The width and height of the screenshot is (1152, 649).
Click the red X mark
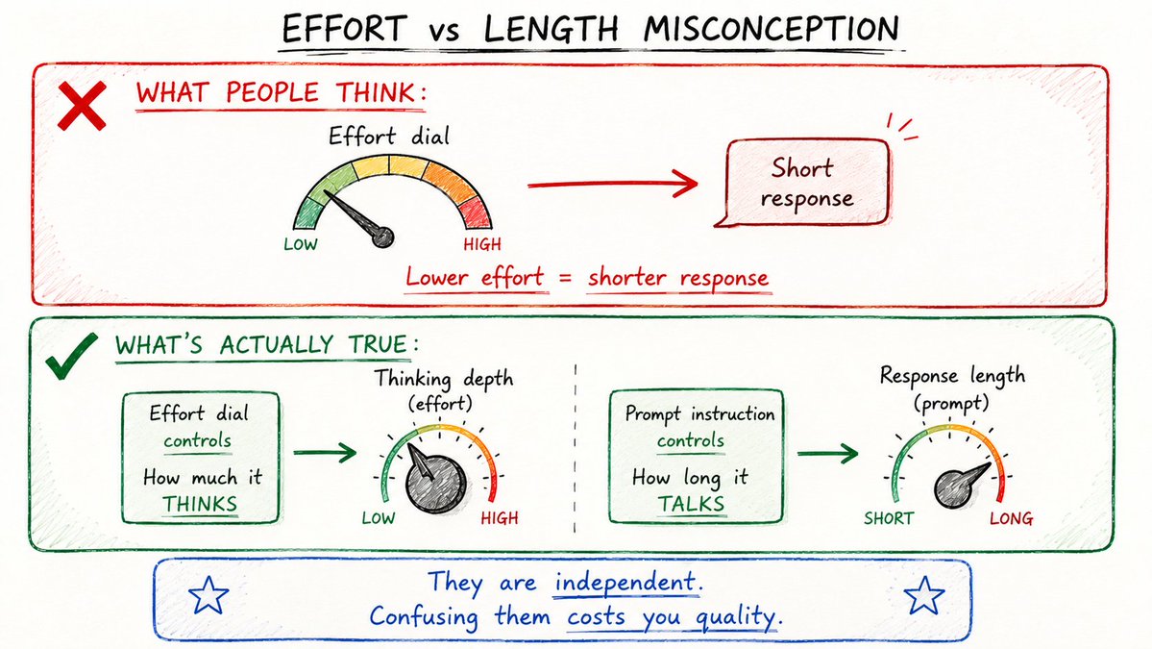(82, 106)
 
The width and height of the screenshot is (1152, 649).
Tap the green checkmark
(70, 358)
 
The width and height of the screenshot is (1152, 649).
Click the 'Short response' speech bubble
(807, 183)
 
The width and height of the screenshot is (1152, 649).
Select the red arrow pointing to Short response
(613, 184)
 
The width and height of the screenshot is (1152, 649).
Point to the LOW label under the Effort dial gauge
(301, 244)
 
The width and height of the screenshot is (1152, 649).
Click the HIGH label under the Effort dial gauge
(482, 244)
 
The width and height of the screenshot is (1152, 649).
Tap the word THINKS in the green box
(200, 504)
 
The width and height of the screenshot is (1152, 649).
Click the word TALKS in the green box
(691, 504)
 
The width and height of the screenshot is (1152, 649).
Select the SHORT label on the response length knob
(888, 518)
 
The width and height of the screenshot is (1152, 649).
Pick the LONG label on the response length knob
(1011, 518)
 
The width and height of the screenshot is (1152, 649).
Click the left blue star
(208, 594)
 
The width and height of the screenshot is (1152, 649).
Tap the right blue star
(923, 594)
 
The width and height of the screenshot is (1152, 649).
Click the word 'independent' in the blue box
(625, 582)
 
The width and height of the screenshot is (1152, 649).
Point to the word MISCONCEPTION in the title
(771, 30)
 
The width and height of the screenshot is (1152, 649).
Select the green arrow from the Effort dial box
(325, 452)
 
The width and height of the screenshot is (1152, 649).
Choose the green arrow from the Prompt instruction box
(827, 453)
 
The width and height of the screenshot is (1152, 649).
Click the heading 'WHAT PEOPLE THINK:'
(281, 93)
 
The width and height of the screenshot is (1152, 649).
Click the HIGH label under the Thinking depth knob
(500, 518)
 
